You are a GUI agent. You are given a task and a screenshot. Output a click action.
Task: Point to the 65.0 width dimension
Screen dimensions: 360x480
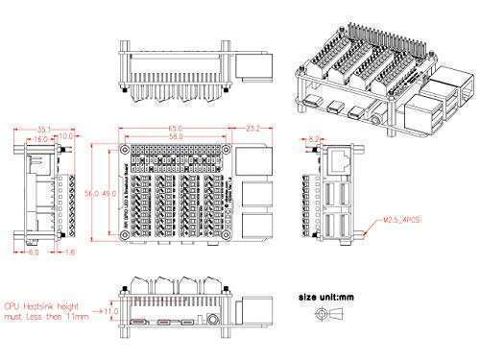173,127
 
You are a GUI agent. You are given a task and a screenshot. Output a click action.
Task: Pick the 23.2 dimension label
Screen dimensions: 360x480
253,127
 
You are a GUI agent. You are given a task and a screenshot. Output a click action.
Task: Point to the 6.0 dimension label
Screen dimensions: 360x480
33,253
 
